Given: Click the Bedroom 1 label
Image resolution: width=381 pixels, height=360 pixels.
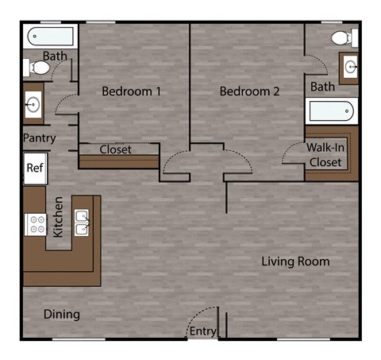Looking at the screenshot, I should [131, 91].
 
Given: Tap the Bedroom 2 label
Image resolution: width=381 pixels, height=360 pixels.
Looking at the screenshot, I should [249, 91].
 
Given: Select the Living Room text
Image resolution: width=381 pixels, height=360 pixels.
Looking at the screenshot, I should [295, 261].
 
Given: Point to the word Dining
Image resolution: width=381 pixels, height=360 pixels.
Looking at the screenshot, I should [61, 314].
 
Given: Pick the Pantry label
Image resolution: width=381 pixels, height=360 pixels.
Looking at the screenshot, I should [39, 137].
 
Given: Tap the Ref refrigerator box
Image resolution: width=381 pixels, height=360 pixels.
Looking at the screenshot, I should [34, 168].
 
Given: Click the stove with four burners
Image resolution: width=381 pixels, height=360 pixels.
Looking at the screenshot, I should [35, 224].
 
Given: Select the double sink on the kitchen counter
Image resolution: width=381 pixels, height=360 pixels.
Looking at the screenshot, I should [81, 223].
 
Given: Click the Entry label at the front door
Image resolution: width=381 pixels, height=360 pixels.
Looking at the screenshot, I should [202, 331].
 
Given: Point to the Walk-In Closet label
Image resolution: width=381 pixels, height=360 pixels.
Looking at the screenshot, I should [325, 155].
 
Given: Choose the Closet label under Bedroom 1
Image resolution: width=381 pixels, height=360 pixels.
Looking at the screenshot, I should [116, 149].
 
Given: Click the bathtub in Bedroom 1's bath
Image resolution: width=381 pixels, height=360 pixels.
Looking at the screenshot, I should [50, 36].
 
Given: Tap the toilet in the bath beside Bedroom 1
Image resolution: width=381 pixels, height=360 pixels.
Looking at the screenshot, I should [37, 68].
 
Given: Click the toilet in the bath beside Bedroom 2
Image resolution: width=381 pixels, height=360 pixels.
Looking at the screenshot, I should [341, 37].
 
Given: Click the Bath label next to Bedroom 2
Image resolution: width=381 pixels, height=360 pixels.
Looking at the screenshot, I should [322, 86].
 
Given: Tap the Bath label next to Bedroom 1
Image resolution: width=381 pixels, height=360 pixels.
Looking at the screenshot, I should [55, 56].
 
